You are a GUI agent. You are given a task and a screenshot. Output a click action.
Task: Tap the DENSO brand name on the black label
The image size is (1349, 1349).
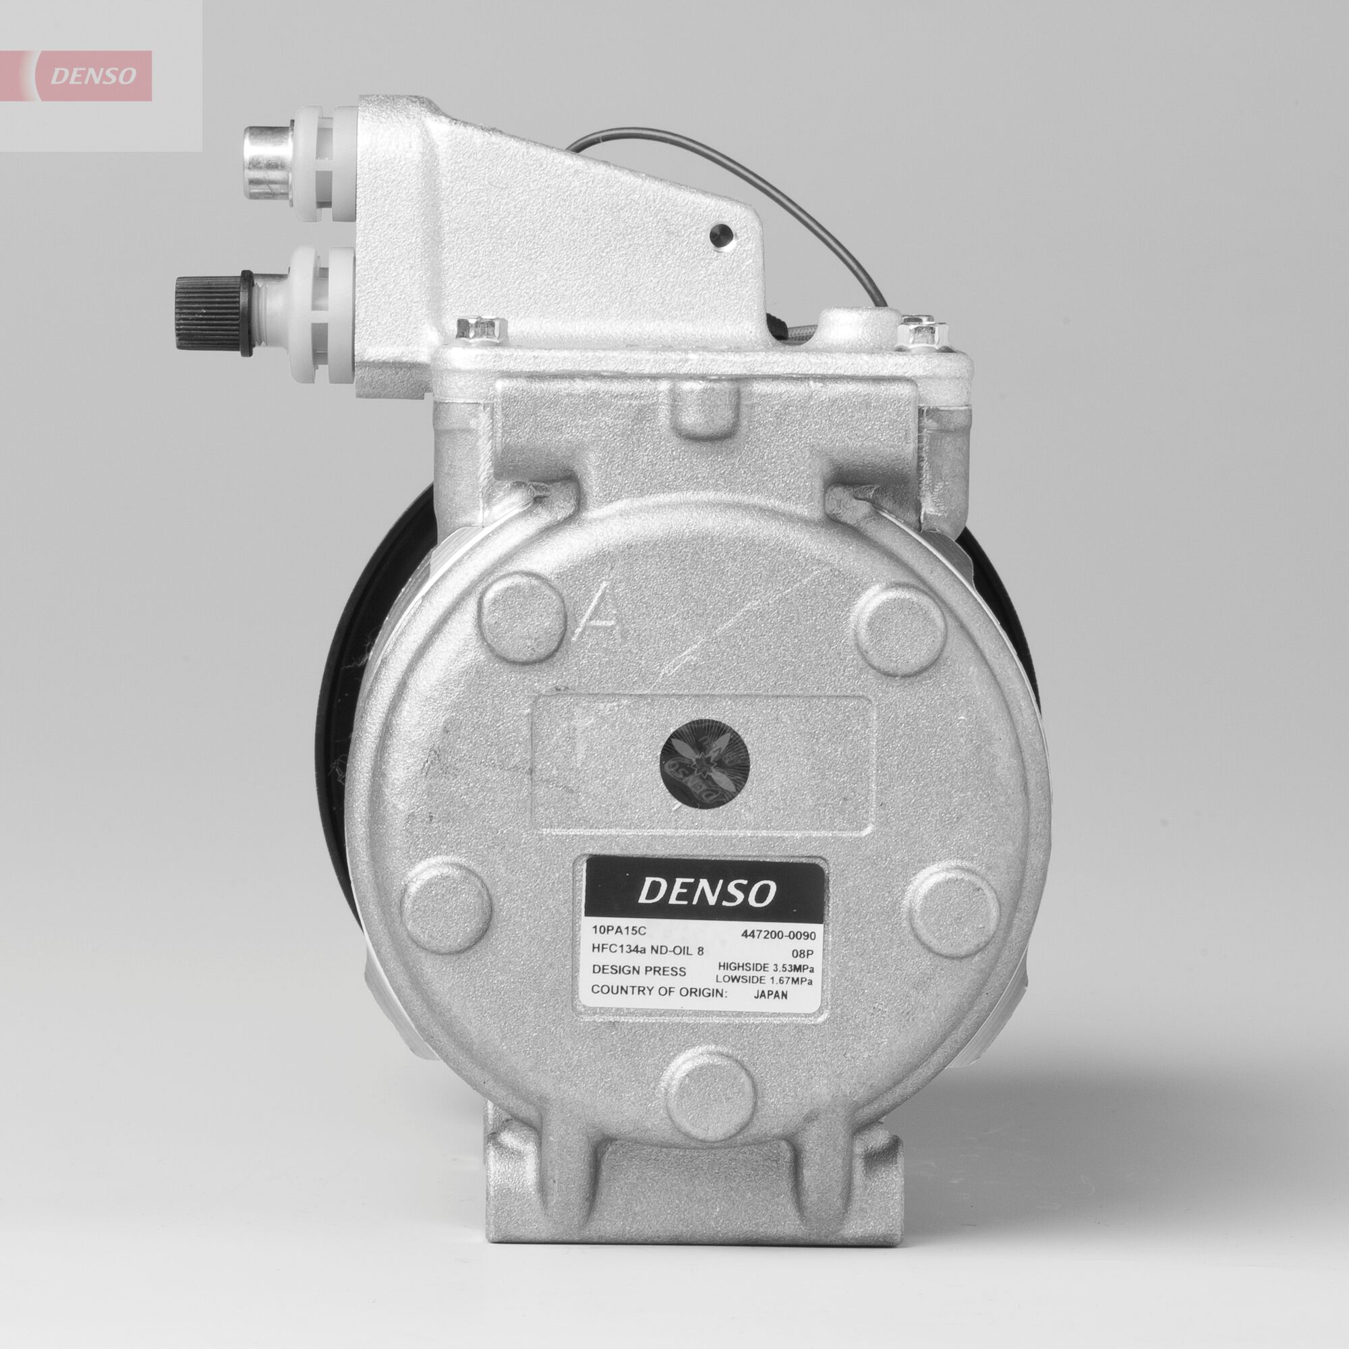pos(707,892)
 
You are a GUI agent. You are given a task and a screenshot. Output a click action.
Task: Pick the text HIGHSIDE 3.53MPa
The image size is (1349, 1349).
pos(767,967)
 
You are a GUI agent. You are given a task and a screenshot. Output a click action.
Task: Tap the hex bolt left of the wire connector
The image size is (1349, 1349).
pos(480,328)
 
